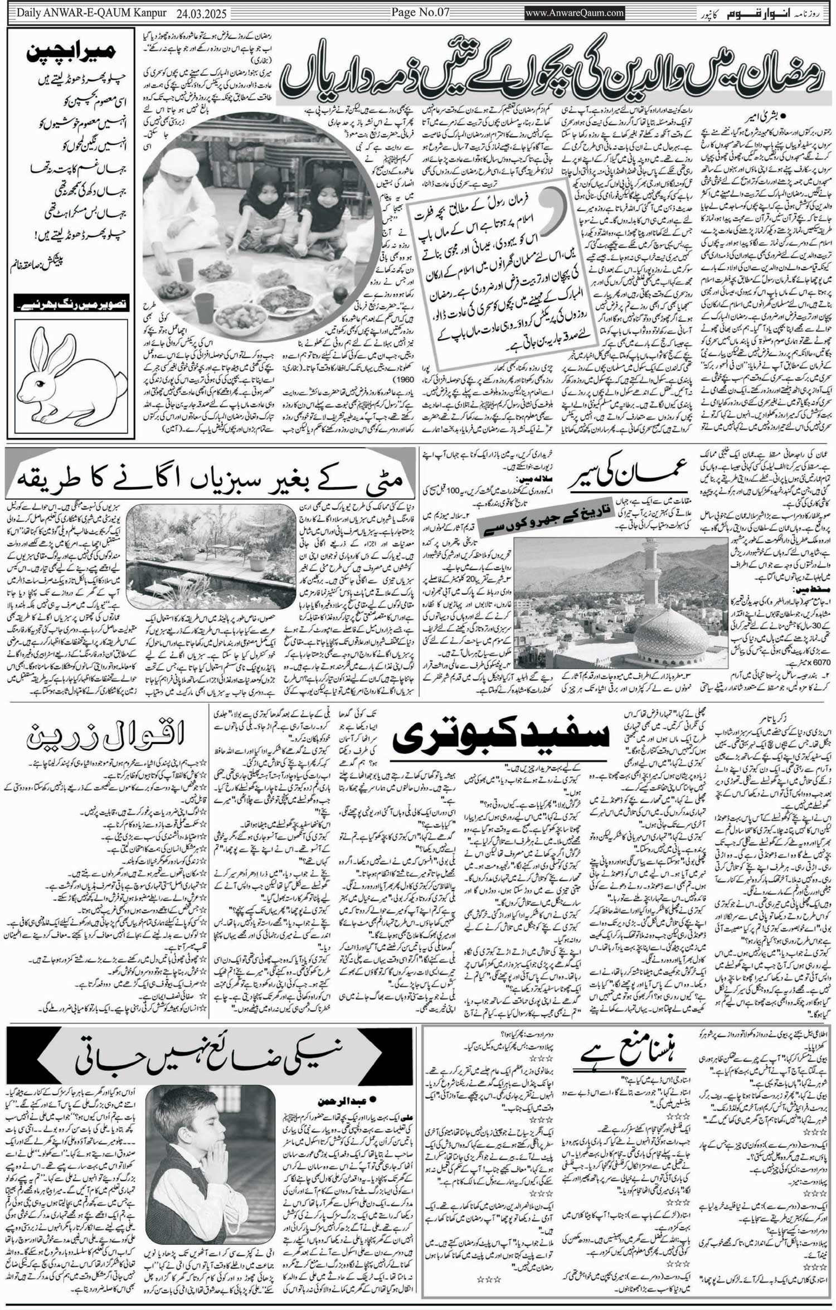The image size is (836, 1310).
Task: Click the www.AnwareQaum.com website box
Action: pyautogui.click(x=575, y=13)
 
